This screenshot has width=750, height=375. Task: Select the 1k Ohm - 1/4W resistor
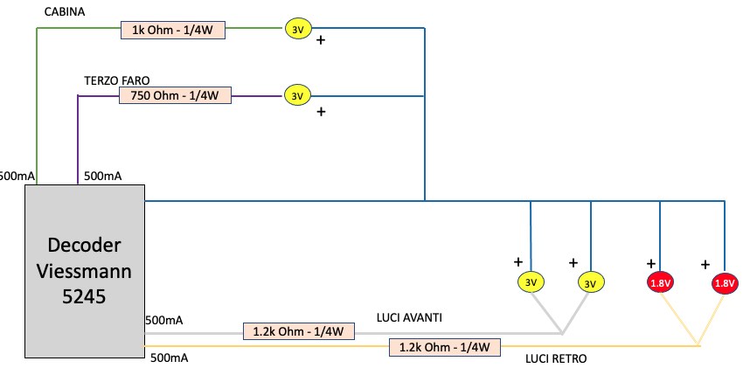tap(173, 30)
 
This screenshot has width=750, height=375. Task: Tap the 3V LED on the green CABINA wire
tap(297, 30)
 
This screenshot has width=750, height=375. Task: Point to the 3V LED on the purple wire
tap(297, 95)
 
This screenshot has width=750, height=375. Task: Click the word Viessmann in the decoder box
tap(85, 271)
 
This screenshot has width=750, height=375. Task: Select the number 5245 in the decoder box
tap(85, 296)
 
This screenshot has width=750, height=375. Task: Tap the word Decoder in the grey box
tap(85, 246)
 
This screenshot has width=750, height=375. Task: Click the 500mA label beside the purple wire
tap(102, 176)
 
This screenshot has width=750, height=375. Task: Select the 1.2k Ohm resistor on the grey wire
tap(298, 331)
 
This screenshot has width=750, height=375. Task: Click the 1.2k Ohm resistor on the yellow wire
tap(444, 347)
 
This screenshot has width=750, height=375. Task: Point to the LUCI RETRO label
tap(556, 358)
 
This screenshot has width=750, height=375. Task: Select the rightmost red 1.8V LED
tap(724, 282)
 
